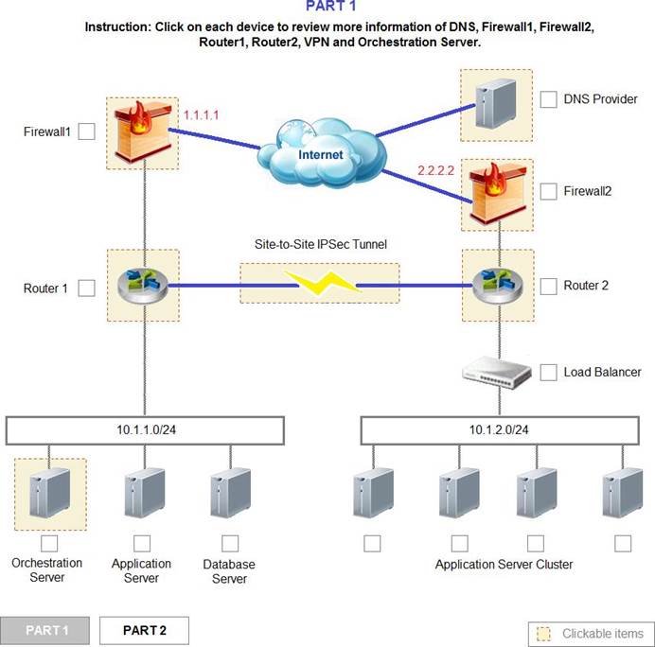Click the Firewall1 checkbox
click(x=86, y=131)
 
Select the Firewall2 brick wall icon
click(x=497, y=194)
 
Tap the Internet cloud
click(x=321, y=153)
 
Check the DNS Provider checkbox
click(x=548, y=99)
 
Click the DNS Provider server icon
click(x=496, y=104)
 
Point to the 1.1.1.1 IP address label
click(x=201, y=114)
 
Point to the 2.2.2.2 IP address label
click(x=435, y=170)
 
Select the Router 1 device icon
click(x=142, y=285)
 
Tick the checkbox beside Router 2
click(x=548, y=287)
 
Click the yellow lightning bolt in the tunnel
click(x=322, y=283)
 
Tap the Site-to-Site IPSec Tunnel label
click(x=320, y=244)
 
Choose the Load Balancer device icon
click(x=497, y=373)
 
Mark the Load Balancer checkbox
click(x=548, y=373)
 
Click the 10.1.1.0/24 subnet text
click(x=146, y=430)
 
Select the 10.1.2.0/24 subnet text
click(x=499, y=430)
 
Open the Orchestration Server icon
click(x=50, y=493)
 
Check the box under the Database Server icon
click(x=230, y=544)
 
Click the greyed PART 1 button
click(x=44, y=630)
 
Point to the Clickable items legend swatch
click(x=544, y=634)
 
